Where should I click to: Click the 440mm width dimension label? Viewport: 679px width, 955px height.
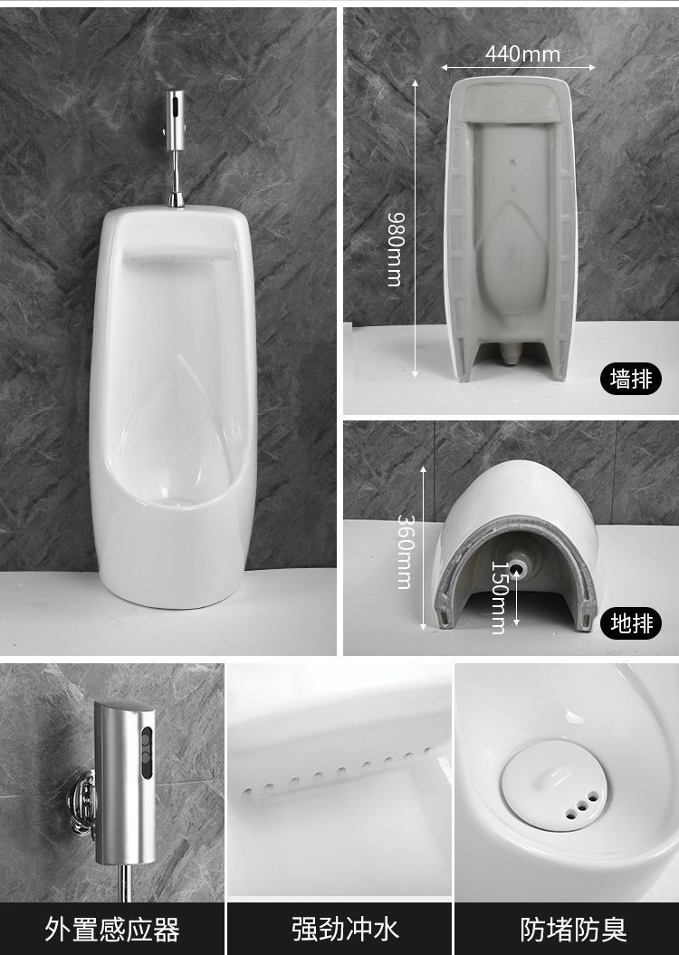coord(522,54)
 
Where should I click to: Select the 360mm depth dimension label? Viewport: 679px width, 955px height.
coord(406,552)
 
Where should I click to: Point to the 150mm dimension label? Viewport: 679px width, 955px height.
coord(499,597)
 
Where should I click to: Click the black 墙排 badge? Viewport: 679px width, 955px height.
coord(631,379)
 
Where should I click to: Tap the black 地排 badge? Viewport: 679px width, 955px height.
coord(631,623)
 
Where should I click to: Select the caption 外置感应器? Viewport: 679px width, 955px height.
coord(112,930)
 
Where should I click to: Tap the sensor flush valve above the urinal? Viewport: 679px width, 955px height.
coord(176,121)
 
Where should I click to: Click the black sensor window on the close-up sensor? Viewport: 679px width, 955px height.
coord(147,753)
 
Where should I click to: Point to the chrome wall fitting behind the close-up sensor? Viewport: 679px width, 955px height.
coord(82,802)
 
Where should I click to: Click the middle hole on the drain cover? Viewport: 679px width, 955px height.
coord(582,805)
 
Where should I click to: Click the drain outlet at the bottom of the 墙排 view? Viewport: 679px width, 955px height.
coord(512,352)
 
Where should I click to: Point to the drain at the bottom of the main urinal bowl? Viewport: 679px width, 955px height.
coord(177,502)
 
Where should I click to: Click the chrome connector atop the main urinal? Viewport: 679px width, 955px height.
coord(177,199)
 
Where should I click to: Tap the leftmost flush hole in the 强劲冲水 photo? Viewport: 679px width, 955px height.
coord(247,793)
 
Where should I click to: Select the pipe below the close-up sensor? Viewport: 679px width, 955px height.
coord(125,883)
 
